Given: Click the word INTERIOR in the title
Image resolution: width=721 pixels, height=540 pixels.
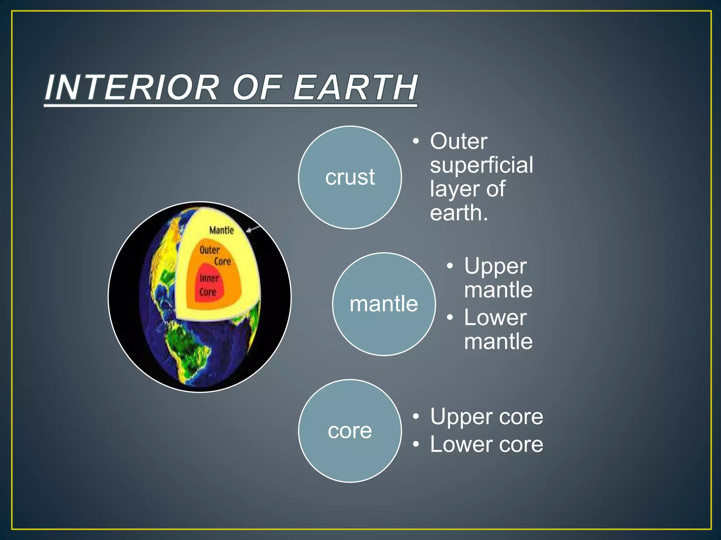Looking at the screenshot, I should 132,88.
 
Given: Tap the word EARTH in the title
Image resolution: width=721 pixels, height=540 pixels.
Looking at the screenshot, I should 356,88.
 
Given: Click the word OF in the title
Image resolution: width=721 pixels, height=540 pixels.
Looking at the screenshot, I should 257,88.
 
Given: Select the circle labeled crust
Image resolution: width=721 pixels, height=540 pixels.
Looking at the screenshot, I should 350,178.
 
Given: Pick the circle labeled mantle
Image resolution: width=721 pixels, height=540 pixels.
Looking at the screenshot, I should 384,304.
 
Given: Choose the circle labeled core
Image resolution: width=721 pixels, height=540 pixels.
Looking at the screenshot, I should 350,431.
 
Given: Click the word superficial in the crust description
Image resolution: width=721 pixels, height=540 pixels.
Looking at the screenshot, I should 481,165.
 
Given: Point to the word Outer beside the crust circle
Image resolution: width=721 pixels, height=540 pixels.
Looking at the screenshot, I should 459,141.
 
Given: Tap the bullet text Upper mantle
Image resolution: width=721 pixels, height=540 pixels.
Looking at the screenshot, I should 498,278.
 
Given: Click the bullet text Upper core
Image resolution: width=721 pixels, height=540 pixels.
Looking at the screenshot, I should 487,417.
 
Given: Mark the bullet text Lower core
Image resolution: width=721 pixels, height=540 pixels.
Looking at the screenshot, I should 487,444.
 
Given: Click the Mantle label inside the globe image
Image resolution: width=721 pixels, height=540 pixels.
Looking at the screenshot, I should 221,230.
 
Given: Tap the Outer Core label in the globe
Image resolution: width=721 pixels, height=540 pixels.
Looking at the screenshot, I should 215,256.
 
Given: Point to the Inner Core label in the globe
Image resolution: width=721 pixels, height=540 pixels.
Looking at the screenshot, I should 208,285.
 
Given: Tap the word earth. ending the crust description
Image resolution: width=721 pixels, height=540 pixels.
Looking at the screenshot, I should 459,213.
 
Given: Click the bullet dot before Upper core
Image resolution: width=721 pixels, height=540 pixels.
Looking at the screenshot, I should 416,417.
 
